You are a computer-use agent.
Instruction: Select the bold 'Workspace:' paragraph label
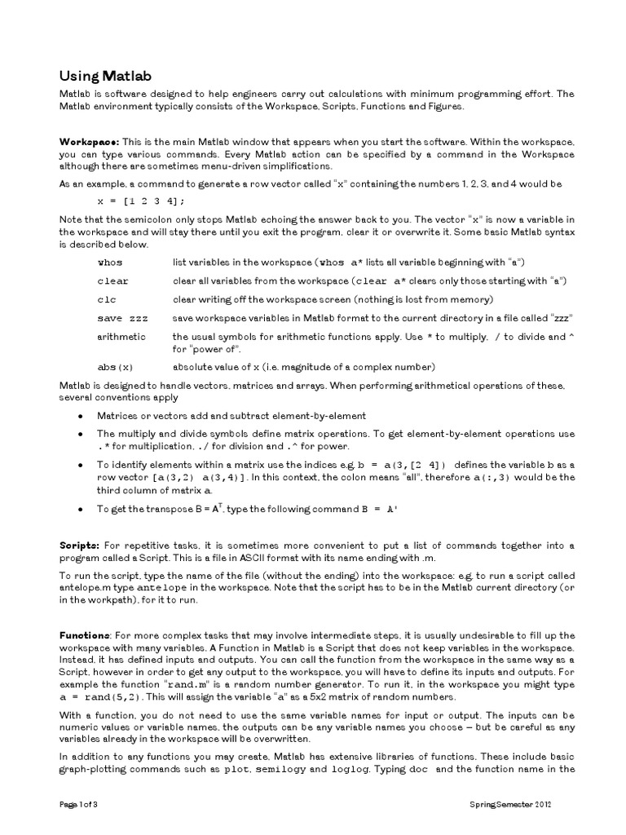click(x=89, y=141)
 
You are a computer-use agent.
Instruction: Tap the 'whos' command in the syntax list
click(x=109, y=262)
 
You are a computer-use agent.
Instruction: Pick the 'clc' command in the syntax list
click(x=107, y=299)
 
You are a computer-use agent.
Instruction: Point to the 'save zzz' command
click(x=122, y=318)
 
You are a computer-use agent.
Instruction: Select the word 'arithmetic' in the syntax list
click(x=121, y=336)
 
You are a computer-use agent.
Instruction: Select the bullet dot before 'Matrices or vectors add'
click(x=80, y=416)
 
